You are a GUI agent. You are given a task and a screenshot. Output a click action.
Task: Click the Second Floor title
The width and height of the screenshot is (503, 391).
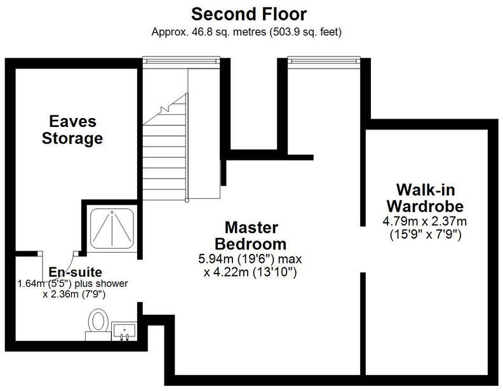[249, 13]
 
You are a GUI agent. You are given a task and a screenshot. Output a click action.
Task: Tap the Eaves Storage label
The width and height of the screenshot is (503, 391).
[72, 129]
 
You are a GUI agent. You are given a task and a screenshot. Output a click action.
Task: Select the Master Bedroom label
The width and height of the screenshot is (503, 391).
[250, 235]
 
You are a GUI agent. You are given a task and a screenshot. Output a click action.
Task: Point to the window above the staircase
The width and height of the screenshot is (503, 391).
[181, 60]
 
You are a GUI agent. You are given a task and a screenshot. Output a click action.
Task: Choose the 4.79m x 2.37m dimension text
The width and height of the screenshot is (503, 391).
[424, 222]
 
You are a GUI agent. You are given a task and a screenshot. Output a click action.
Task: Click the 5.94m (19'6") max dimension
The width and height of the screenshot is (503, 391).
[250, 259]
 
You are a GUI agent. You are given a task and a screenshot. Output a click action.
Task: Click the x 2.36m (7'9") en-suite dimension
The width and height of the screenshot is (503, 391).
[74, 295]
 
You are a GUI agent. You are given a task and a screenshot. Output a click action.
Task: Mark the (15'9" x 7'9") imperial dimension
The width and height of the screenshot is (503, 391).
[424, 234]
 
